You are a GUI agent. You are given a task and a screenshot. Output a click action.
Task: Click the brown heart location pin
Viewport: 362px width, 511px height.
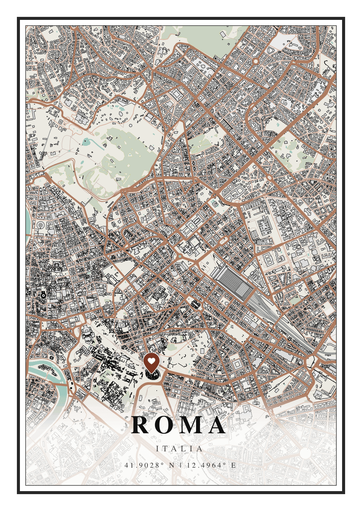[151, 363]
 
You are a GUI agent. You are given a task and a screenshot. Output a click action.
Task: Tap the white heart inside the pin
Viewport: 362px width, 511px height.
[151, 361]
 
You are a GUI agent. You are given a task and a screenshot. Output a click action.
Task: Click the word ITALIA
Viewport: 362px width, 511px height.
[180, 449]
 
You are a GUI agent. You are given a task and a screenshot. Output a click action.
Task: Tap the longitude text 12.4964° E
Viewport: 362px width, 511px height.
[211, 465]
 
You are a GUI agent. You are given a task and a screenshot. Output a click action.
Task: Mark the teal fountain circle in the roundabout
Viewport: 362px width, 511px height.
[180, 256]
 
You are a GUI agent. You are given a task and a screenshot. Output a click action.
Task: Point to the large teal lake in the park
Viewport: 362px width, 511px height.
[87, 141]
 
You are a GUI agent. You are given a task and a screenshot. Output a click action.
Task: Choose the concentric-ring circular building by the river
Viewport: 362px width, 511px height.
[40, 225]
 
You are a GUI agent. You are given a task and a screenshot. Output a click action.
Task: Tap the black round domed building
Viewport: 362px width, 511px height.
[43, 295]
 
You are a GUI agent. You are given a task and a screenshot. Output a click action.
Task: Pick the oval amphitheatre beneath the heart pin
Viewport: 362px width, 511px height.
[153, 375]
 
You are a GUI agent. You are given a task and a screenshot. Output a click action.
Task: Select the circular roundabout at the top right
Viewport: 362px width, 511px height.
[256, 61]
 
